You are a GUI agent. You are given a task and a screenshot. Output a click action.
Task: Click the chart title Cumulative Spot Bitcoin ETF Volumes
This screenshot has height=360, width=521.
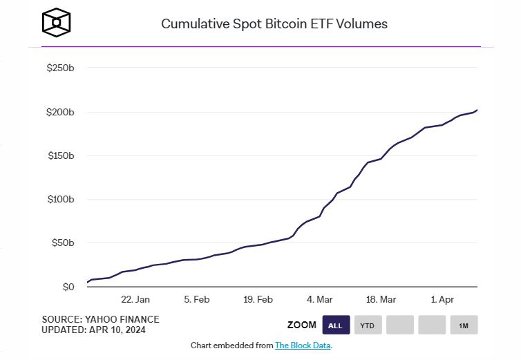click(x=274, y=23)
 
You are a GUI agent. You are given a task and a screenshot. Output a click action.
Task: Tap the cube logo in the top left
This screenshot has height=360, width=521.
click(x=56, y=23)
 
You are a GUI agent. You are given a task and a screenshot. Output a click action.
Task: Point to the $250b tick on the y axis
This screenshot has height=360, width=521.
click(x=60, y=68)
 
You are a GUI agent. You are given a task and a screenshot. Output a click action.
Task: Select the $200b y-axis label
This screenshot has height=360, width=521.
click(x=60, y=112)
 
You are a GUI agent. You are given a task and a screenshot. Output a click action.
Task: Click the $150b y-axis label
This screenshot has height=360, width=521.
click(x=60, y=155)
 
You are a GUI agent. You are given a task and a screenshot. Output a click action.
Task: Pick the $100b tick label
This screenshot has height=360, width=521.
click(x=60, y=200)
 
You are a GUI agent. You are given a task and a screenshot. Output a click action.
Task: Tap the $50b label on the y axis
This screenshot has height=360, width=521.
click(x=62, y=243)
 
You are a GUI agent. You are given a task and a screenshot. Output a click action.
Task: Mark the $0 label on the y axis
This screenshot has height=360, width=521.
click(x=68, y=287)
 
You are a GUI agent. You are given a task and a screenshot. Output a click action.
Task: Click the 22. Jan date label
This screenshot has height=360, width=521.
click(x=135, y=300)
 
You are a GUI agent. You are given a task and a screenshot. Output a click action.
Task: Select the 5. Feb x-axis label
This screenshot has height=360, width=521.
click(x=197, y=300)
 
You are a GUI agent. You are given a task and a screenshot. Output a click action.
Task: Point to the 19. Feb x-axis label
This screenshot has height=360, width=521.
click(x=258, y=300)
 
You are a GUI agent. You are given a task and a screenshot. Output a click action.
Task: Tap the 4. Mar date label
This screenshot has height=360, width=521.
click(x=320, y=300)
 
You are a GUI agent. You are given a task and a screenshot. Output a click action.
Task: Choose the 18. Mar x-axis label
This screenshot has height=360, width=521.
click(x=381, y=300)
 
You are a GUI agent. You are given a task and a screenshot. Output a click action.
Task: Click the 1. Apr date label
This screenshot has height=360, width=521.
click(x=443, y=300)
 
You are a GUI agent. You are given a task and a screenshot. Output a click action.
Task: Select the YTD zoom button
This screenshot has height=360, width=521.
click(x=368, y=325)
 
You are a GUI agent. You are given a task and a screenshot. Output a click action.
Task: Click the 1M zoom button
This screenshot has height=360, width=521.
click(x=463, y=325)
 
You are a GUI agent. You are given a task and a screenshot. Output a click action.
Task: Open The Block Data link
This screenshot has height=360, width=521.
click(x=303, y=345)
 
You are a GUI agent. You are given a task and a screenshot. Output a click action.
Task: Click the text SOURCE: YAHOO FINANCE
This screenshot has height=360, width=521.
click(x=100, y=319)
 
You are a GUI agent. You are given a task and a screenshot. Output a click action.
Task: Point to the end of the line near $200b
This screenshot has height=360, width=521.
click(x=477, y=110)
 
